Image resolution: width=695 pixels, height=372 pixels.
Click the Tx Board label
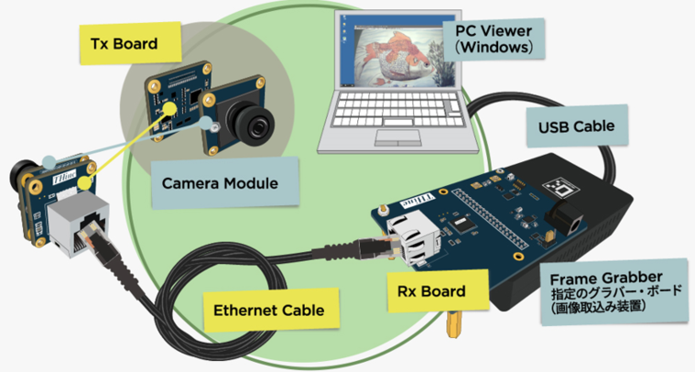125,43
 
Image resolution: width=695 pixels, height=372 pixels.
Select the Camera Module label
219,183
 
